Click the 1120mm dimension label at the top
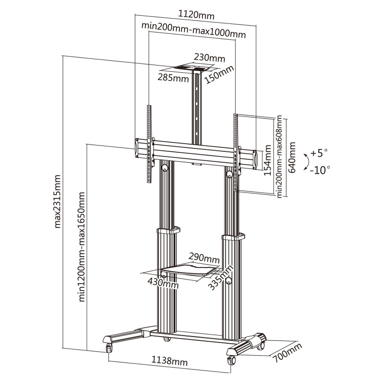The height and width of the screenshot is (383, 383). tap(196, 15)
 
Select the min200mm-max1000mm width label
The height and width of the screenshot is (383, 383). tap(193, 30)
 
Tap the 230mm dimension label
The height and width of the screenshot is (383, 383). tap(210, 58)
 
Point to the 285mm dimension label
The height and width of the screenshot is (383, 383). tap(173, 78)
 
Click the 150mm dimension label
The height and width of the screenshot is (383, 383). tap(219, 75)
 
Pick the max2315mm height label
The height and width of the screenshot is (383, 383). tap(57, 201)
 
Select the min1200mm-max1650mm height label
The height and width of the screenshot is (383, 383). tap(81, 247)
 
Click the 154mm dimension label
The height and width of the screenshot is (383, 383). tap(268, 160)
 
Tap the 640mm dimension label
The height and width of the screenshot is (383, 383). tap(292, 157)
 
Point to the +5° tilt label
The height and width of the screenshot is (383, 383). tap(319, 153)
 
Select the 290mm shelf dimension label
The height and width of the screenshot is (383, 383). tap(204, 258)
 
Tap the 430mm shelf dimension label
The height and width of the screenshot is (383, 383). tap(163, 283)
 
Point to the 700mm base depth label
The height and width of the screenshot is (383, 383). tap(287, 352)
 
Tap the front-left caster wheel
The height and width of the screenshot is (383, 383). tap(109, 348)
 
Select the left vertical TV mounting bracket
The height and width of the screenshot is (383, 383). tap(149, 144)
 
